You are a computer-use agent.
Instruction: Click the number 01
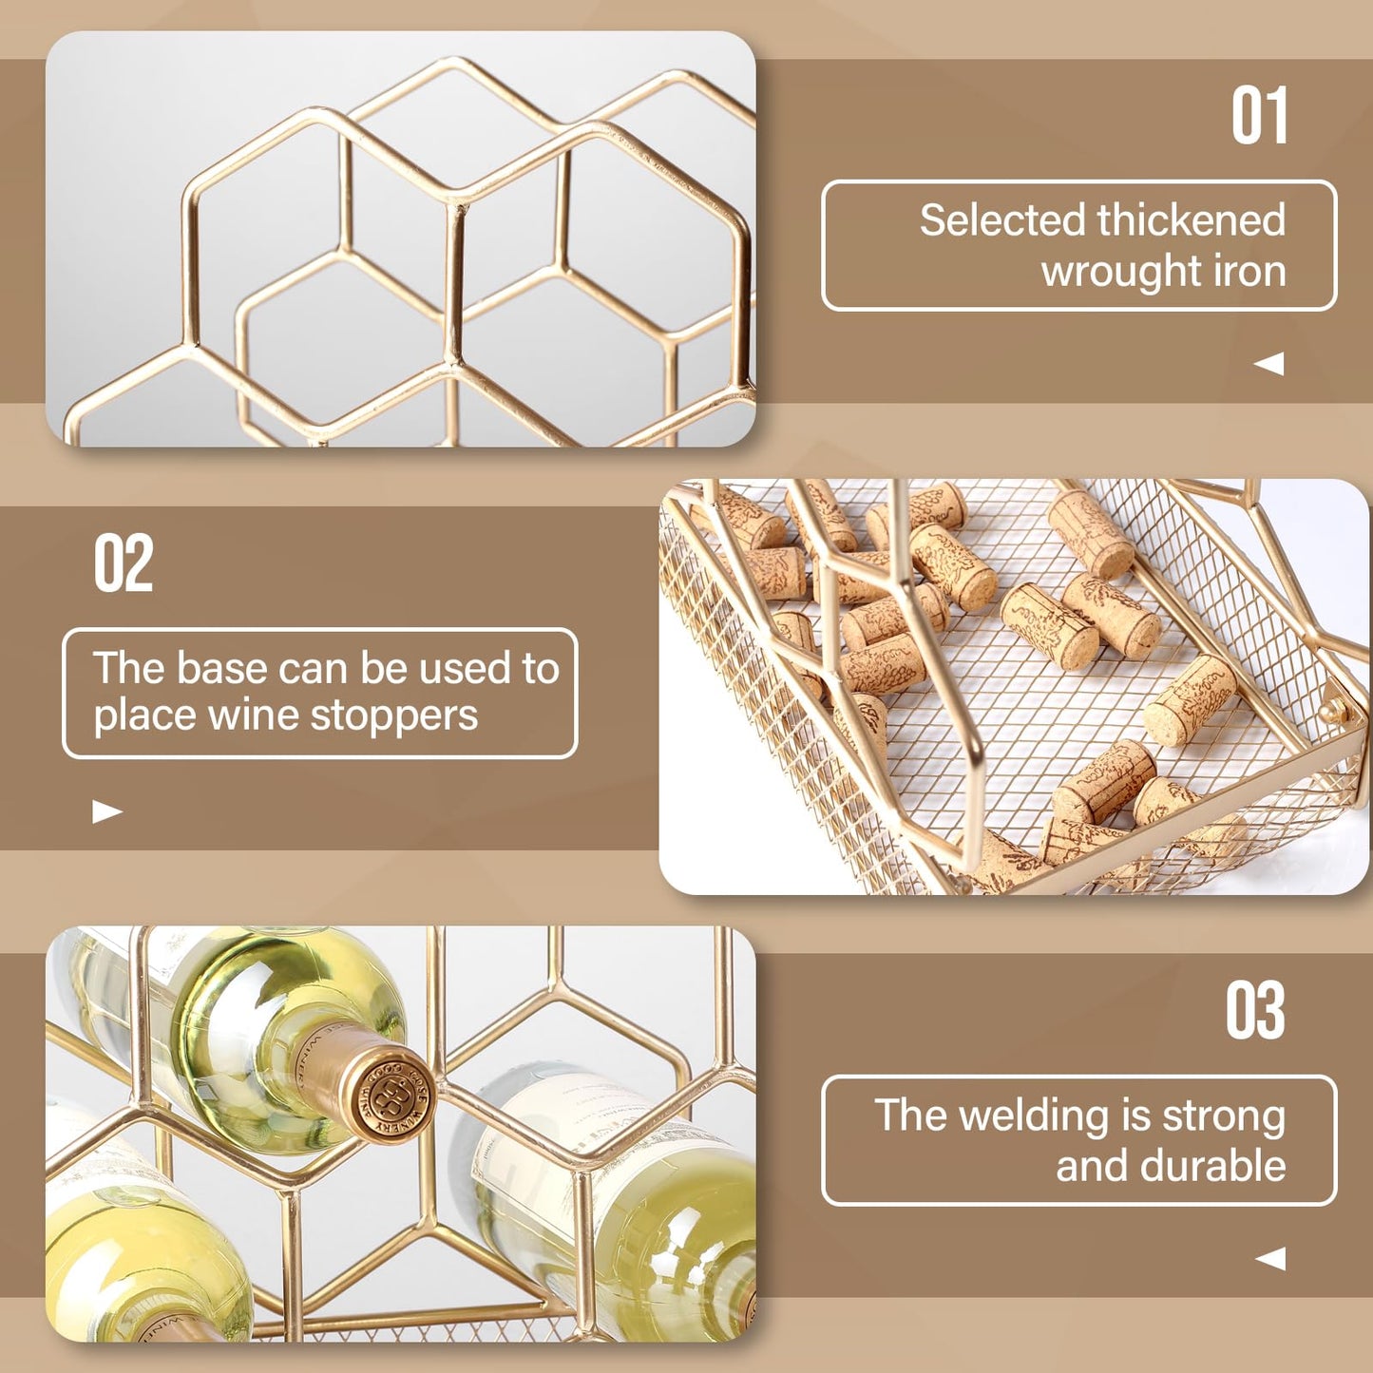tap(1259, 115)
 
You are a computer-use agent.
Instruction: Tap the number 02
tap(124, 563)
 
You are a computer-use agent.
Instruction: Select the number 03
tap(1255, 1010)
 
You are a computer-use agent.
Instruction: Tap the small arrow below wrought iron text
tap(1268, 363)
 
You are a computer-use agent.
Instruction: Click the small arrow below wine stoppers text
tap(107, 810)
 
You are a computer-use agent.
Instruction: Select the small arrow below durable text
tap(1269, 1258)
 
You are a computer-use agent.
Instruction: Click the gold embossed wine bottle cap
tap(390, 1101)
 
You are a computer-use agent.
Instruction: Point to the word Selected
tap(1003, 219)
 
